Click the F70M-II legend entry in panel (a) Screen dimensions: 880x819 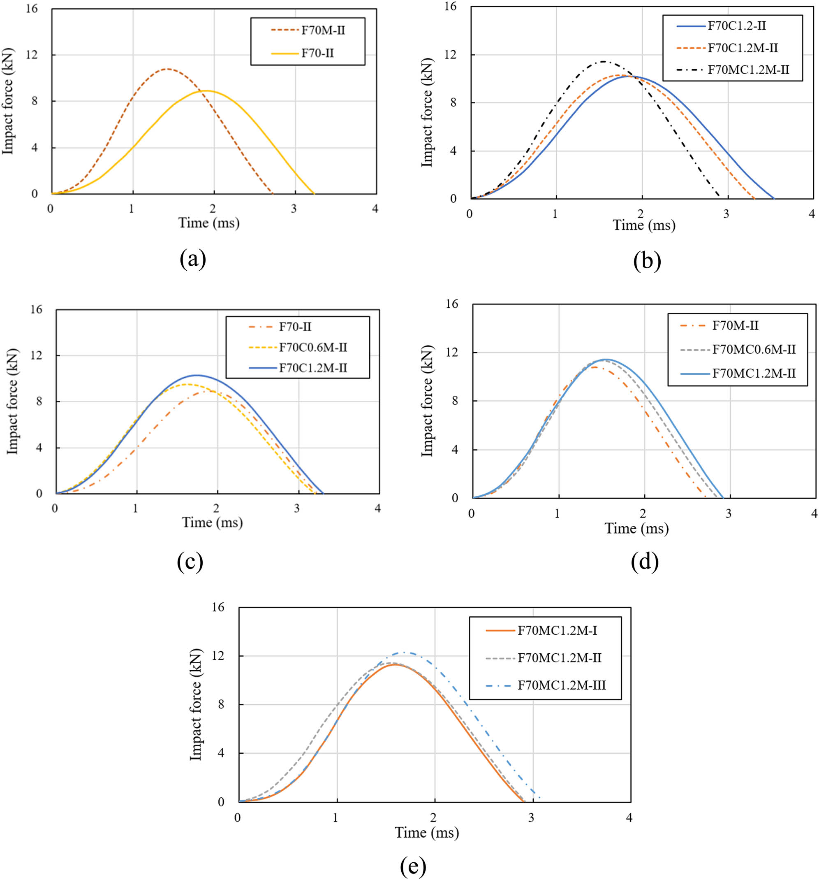[x=323, y=30]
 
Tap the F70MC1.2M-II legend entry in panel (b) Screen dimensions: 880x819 [x=748, y=70]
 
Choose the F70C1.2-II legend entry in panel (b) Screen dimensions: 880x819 [x=737, y=26]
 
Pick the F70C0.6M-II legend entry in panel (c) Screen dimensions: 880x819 [x=313, y=348]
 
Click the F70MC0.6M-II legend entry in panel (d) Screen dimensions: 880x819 [x=754, y=350]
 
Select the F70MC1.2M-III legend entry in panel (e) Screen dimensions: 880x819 [x=562, y=685]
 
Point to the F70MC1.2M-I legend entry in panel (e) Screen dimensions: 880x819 [x=557, y=630]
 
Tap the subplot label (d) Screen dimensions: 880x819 [x=645, y=561]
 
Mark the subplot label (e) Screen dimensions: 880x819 [x=413, y=865]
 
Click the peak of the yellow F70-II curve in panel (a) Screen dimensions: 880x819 [x=207, y=91]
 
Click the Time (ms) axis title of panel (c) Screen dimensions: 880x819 [x=213, y=522]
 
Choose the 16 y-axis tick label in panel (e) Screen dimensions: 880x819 [x=218, y=607]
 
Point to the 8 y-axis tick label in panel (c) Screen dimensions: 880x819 [x=39, y=402]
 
